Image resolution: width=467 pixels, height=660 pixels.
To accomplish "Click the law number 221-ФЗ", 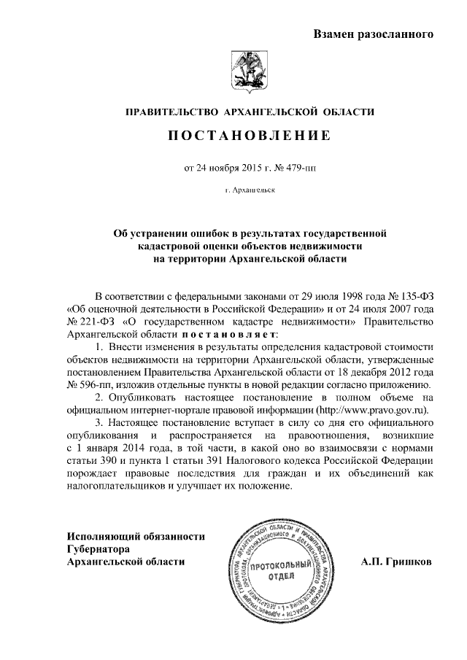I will tap(91, 322).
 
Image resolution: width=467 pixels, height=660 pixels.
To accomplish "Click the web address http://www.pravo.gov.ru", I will tap(365, 411).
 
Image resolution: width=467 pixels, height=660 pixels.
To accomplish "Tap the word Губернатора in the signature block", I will tap(98, 548).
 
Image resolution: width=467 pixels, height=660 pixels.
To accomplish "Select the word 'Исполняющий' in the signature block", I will tap(100, 536).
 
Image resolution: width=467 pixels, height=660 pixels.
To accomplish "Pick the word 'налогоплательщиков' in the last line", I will tap(116, 487).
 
